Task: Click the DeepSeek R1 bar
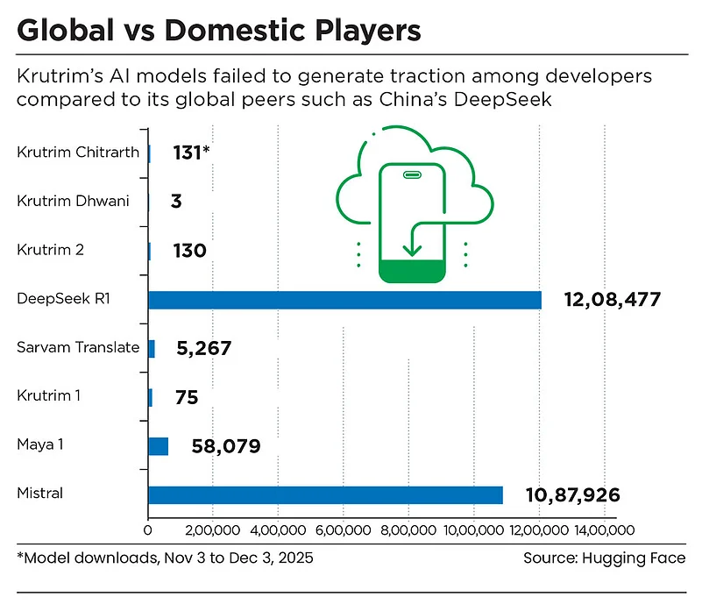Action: pyautogui.click(x=344, y=300)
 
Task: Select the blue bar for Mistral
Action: pyautogui.click(x=325, y=494)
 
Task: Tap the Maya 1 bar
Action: pyautogui.click(x=159, y=446)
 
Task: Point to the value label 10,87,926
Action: pyautogui.click(x=572, y=495)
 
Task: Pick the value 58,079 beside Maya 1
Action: pyautogui.click(x=225, y=447)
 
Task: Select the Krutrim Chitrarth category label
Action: pyautogui.click(x=78, y=153)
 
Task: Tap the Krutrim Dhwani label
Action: pyautogui.click(x=73, y=201)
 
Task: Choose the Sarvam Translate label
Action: pyautogui.click(x=78, y=347)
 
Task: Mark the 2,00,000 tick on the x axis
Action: pyautogui.click(x=213, y=530)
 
